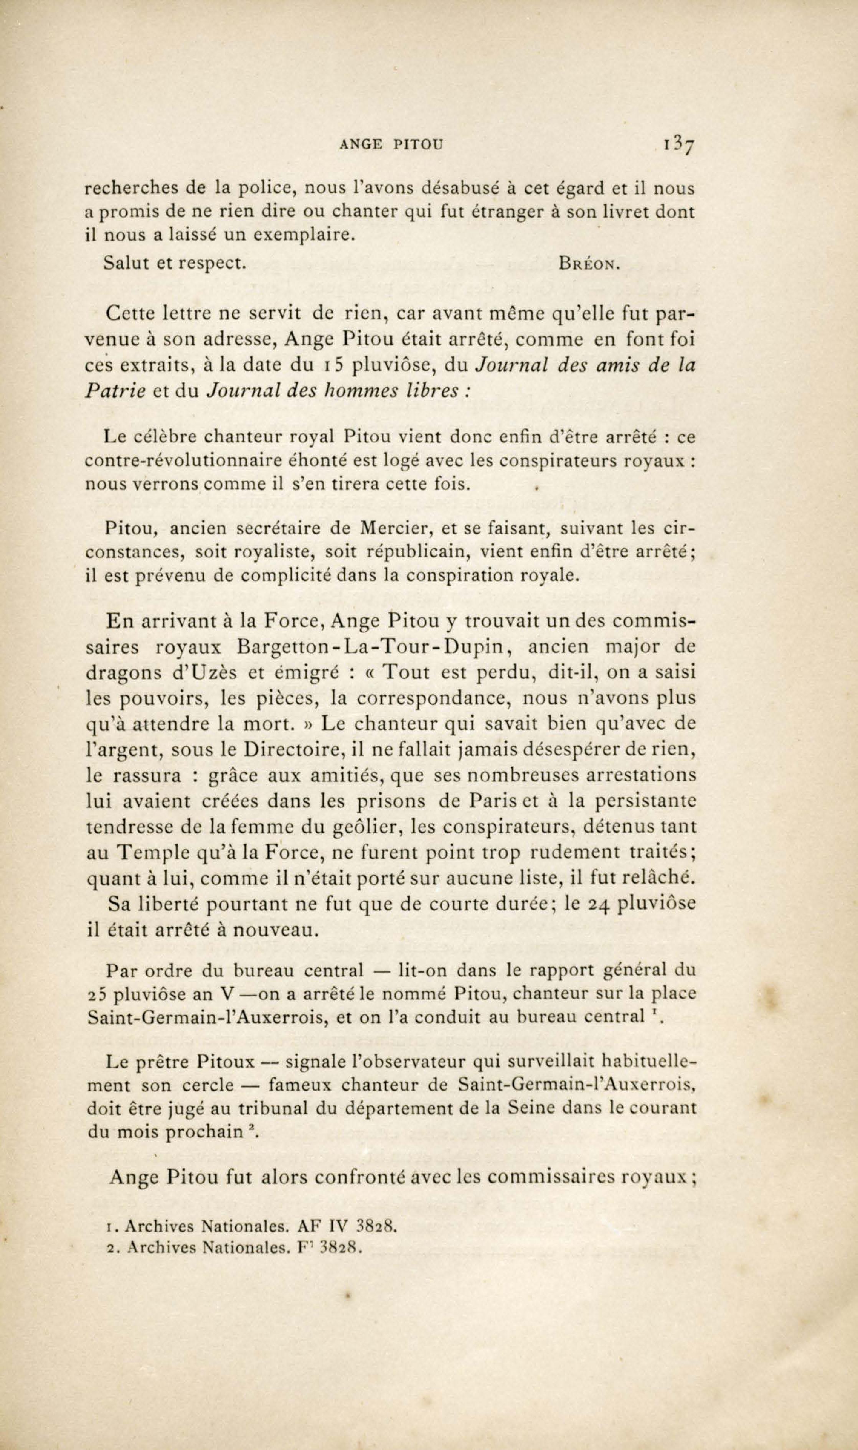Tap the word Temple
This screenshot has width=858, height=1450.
tap(154, 852)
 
